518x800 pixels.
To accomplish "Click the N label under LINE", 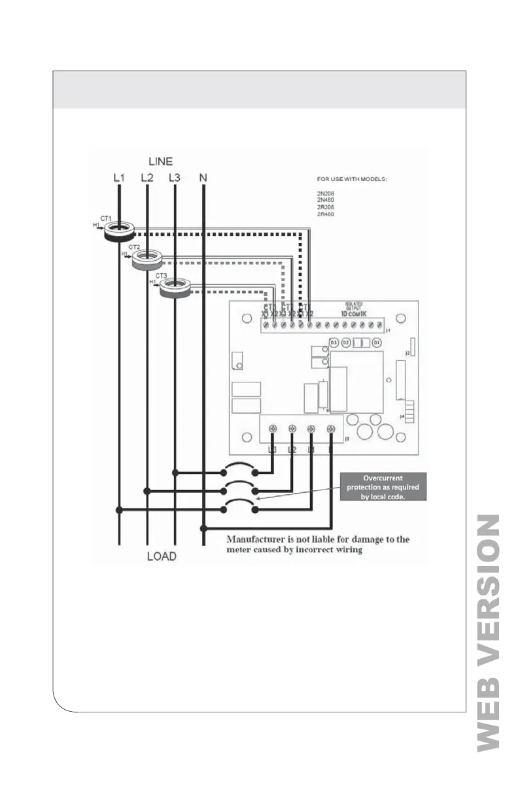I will click(203, 178).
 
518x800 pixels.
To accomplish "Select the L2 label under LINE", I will click(147, 178).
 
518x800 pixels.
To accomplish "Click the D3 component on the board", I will click(333, 342).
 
